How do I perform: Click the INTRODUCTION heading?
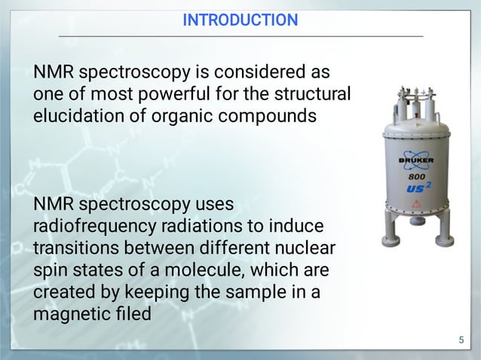click(240, 20)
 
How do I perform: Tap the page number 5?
click(461, 341)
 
